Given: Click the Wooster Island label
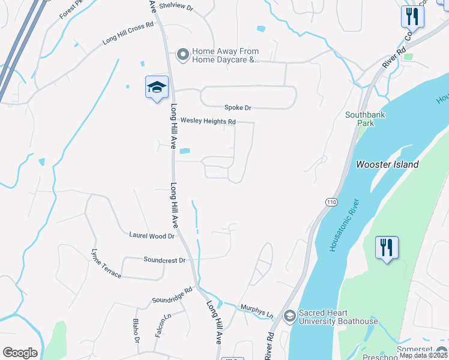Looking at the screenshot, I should pyautogui.click(x=387, y=164).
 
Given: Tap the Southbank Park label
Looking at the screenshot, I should pyautogui.click(x=365, y=119).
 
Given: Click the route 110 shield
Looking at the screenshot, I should pyautogui.click(x=331, y=202).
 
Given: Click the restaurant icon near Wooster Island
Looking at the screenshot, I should pyautogui.click(x=387, y=247).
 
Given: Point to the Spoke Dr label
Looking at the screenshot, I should pyautogui.click(x=238, y=107).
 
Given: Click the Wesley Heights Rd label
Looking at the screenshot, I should pyautogui.click(x=208, y=121).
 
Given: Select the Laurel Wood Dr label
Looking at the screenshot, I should pyautogui.click(x=151, y=236).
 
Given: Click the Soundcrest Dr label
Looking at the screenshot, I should pyautogui.click(x=164, y=260).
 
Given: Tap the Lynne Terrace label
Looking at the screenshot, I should pyautogui.click(x=106, y=263).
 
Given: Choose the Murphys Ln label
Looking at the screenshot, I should pyautogui.click(x=257, y=310).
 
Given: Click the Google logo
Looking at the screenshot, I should pyautogui.click(x=20, y=352).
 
